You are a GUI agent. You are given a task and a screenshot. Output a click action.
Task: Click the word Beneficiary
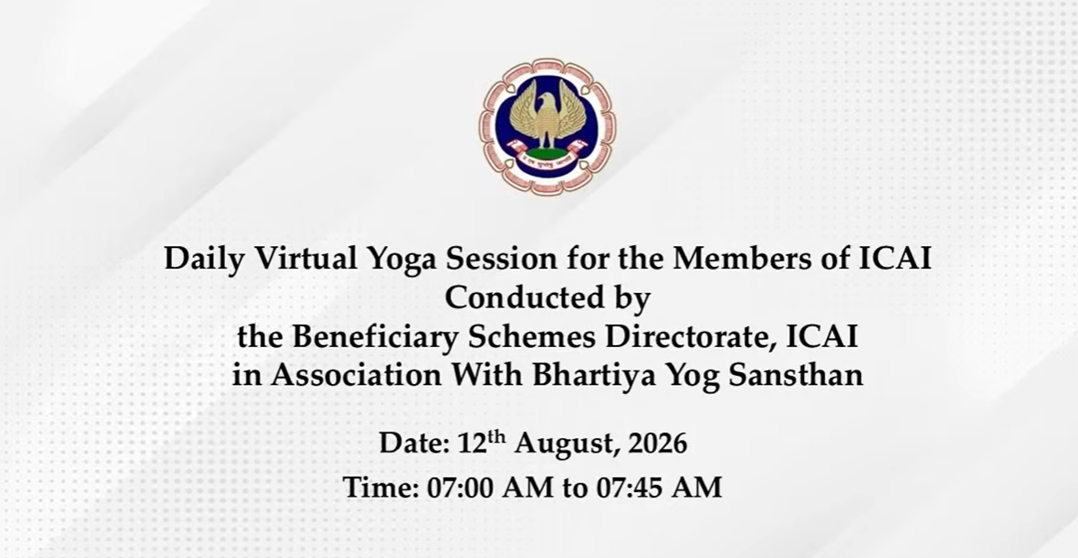[x=375, y=338]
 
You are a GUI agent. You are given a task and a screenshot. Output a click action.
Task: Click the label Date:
[x=414, y=444]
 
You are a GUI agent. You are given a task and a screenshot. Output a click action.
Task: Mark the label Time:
[x=382, y=487]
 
